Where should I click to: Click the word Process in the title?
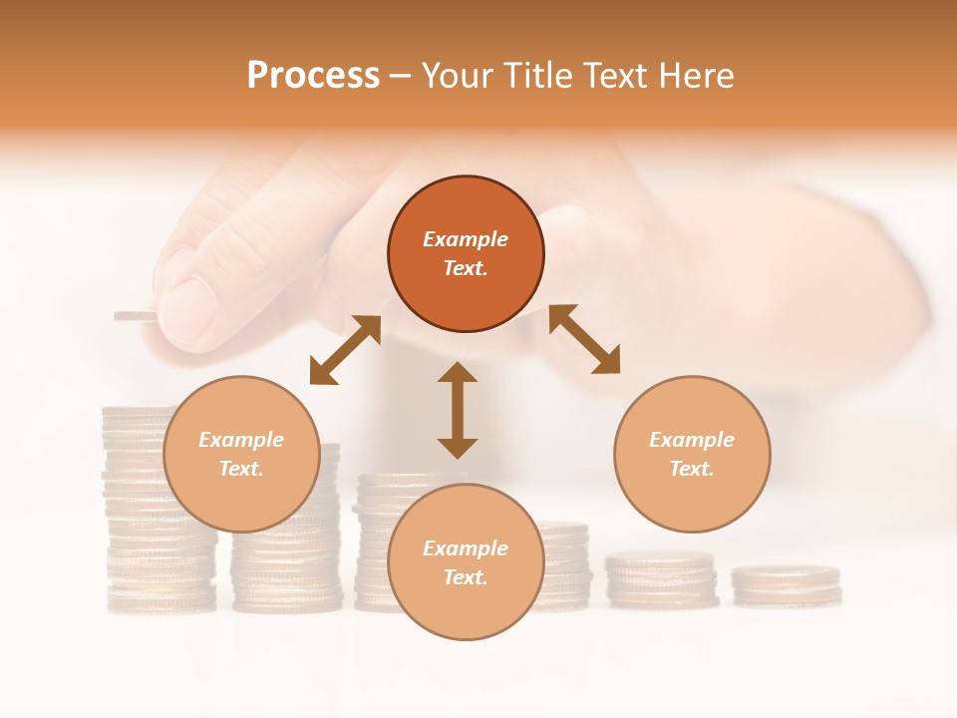pyautogui.click(x=313, y=76)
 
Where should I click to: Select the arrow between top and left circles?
pyautogui.click(x=345, y=350)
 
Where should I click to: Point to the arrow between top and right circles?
pyautogui.click(x=584, y=339)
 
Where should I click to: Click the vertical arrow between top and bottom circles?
pyautogui.click(x=458, y=410)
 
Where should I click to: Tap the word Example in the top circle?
pyautogui.click(x=466, y=239)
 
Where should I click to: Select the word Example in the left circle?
pyautogui.click(x=241, y=440)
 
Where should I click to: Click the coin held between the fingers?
pyautogui.click(x=135, y=316)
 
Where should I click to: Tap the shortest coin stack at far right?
pyautogui.click(x=786, y=586)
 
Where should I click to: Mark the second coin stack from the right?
pyautogui.click(x=662, y=580)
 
